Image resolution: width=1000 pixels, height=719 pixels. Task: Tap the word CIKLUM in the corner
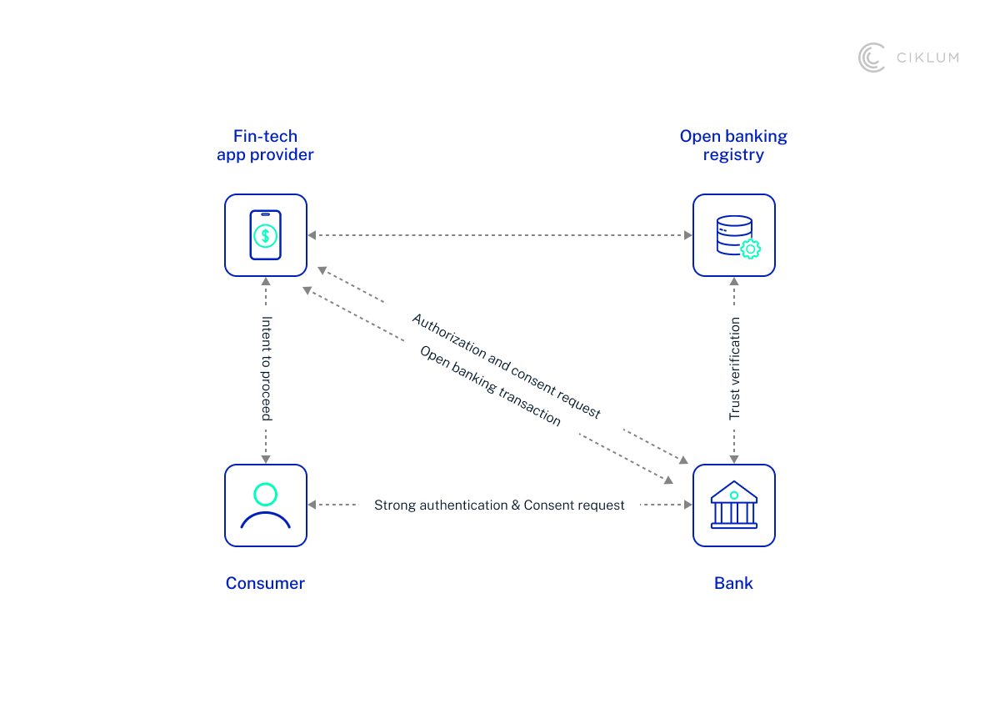click(x=927, y=58)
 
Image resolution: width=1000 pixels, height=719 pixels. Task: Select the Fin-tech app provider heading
click(x=265, y=145)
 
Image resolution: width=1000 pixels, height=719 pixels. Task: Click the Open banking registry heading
click(x=733, y=145)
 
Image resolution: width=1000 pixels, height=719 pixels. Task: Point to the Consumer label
click(x=265, y=583)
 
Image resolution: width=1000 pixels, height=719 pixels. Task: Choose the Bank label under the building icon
click(x=733, y=583)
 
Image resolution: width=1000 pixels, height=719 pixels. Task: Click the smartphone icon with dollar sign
click(x=266, y=235)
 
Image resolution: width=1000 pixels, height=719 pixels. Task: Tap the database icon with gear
click(x=734, y=235)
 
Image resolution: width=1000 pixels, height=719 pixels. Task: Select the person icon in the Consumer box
click(x=266, y=505)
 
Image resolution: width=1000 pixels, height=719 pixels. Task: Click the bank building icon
click(x=734, y=505)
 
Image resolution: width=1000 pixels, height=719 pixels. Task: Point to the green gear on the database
click(x=750, y=249)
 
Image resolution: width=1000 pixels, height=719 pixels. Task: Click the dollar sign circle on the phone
click(x=266, y=236)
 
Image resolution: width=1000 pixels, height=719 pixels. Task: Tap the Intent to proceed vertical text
click(x=267, y=368)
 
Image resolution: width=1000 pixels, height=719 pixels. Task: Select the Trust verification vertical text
click(x=734, y=368)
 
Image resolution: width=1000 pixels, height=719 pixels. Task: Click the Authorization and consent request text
click(x=506, y=366)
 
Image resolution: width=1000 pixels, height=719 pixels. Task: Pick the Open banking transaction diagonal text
click(x=490, y=385)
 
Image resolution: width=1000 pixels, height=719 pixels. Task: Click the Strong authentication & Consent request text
click(x=499, y=505)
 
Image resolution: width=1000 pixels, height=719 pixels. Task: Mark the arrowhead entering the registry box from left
click(x=687, y=235)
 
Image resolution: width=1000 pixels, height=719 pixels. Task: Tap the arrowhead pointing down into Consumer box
click(x=266, y=459)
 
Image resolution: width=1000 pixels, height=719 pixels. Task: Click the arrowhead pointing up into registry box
click(x=734, y=282)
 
